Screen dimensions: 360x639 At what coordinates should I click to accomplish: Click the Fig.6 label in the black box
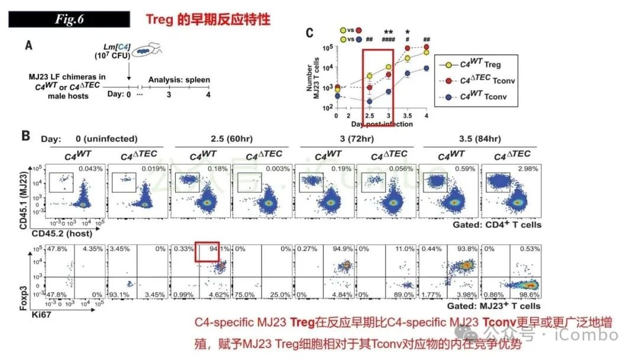point(69,19)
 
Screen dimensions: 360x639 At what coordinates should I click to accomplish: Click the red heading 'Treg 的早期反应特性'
point(208,19)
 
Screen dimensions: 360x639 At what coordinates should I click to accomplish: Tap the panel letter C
point(309,33)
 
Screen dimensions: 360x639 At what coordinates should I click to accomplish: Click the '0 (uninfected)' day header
point(106,139)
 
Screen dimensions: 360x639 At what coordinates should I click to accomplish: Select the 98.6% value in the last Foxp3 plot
point(530,294)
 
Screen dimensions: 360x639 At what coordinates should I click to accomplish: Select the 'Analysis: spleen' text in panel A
point(179,80)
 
